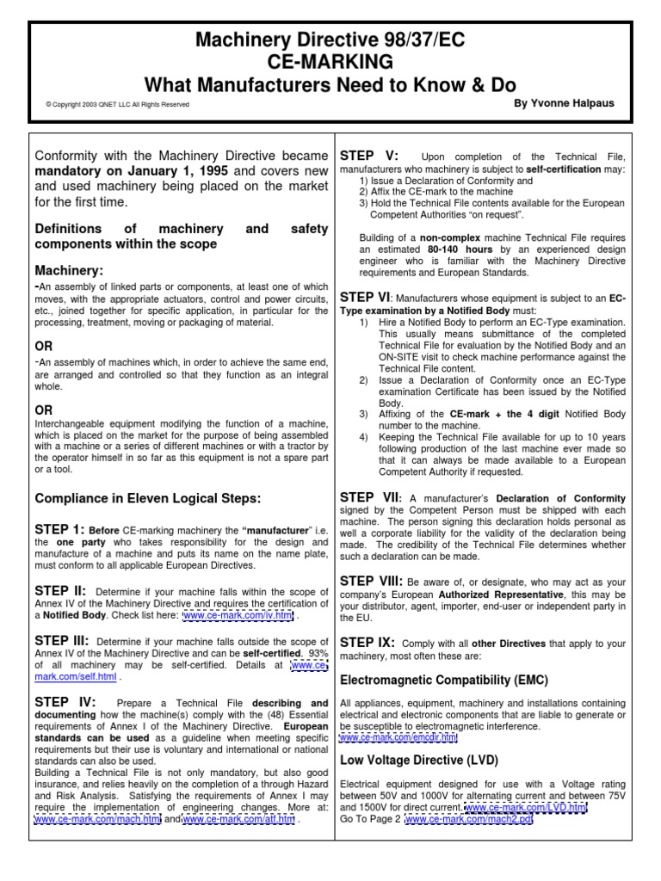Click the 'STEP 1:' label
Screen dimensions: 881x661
[59, 528]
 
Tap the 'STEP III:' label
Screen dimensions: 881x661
[62, 641]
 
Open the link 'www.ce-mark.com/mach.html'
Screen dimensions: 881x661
[96, 820]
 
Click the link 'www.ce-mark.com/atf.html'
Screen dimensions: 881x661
[238, 820]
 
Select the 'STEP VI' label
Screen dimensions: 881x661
[366, 296]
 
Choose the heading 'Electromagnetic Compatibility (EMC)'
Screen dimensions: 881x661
[444, 680]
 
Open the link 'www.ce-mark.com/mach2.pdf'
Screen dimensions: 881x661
[469, 820]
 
